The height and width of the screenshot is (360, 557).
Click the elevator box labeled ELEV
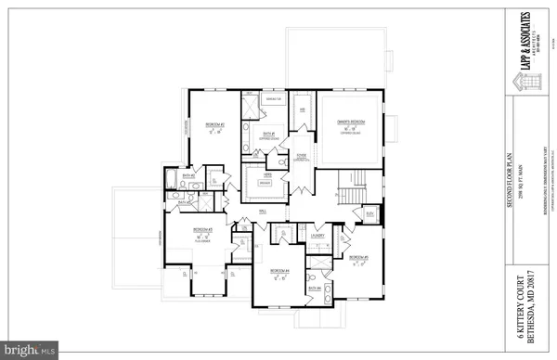[x=370, y=213]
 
